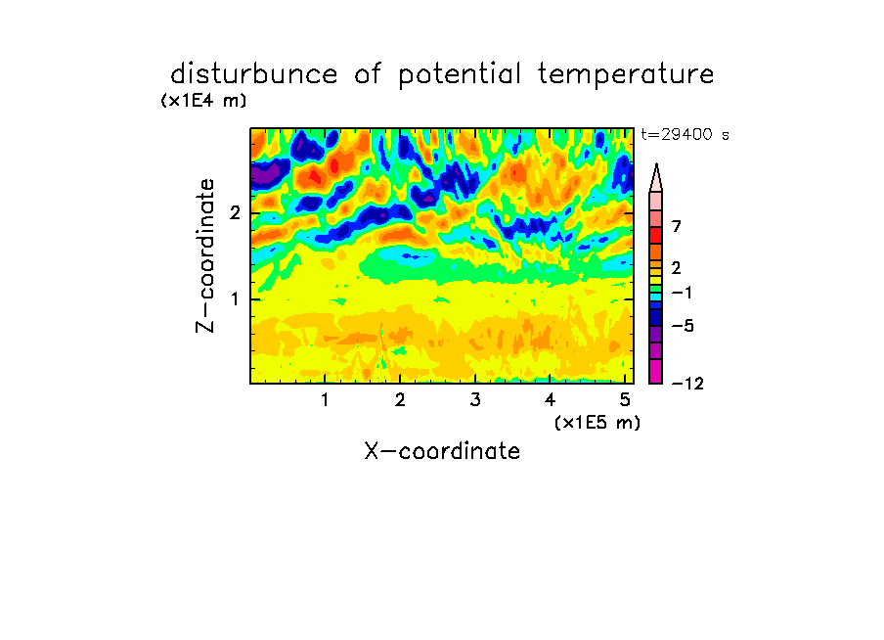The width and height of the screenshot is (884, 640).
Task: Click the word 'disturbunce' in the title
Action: coord(253,74)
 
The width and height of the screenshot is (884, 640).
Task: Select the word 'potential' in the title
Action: coord(460,75)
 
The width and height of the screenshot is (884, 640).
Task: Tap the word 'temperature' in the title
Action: coord(626,75)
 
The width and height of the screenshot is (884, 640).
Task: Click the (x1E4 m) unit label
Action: coord(203,101)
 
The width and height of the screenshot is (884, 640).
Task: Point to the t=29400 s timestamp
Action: coord(685,134)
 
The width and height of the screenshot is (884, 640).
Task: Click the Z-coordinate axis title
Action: coord(205,255)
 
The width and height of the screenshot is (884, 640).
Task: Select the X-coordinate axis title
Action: coord(442,451)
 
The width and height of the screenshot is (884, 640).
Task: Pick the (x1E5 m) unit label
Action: coord(597,422)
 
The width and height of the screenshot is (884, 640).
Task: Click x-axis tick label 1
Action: coord(325,400)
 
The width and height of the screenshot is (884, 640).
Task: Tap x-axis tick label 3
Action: coord(475,400)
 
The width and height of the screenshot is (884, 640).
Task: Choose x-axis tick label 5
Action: coord(625,400)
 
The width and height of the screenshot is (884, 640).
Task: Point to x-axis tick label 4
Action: coord(550,400)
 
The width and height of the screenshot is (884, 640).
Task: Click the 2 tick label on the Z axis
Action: coord(235,213)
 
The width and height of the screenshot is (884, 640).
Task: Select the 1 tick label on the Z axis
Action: coord(235,299)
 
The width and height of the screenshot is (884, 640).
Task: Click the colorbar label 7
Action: coord(677,227)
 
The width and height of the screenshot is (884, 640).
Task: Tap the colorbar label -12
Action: coord(687,384)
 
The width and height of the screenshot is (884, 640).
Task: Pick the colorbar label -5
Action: coord(683,326)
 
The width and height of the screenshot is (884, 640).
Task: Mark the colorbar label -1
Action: coord(681,293)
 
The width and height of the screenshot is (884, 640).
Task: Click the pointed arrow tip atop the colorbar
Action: coord(656,164)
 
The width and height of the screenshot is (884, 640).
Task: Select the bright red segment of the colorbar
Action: coord(656,235)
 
